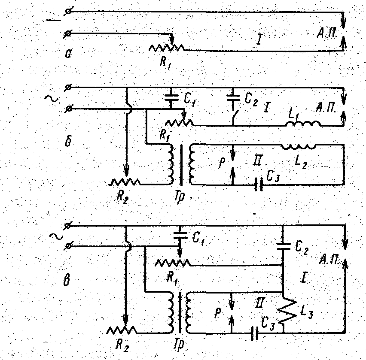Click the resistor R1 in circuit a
click(167, 48)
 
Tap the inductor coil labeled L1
click(303, 125)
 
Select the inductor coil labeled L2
click(299, 146)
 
